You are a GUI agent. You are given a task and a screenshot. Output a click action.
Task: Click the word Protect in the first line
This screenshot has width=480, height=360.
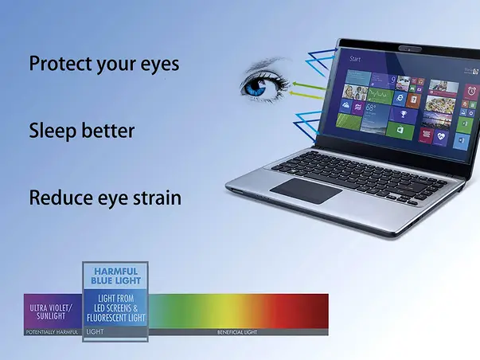click(60, 64)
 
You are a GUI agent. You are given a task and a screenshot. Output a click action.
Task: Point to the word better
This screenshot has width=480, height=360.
click(107, 131)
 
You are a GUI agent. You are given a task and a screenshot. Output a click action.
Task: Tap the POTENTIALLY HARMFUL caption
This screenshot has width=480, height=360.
click(53, 331)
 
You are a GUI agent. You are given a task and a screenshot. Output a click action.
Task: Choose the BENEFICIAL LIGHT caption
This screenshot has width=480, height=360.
click(238, 331)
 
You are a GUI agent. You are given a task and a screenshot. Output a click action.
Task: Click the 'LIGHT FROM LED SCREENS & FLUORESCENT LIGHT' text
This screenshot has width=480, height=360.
click(117, 308)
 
